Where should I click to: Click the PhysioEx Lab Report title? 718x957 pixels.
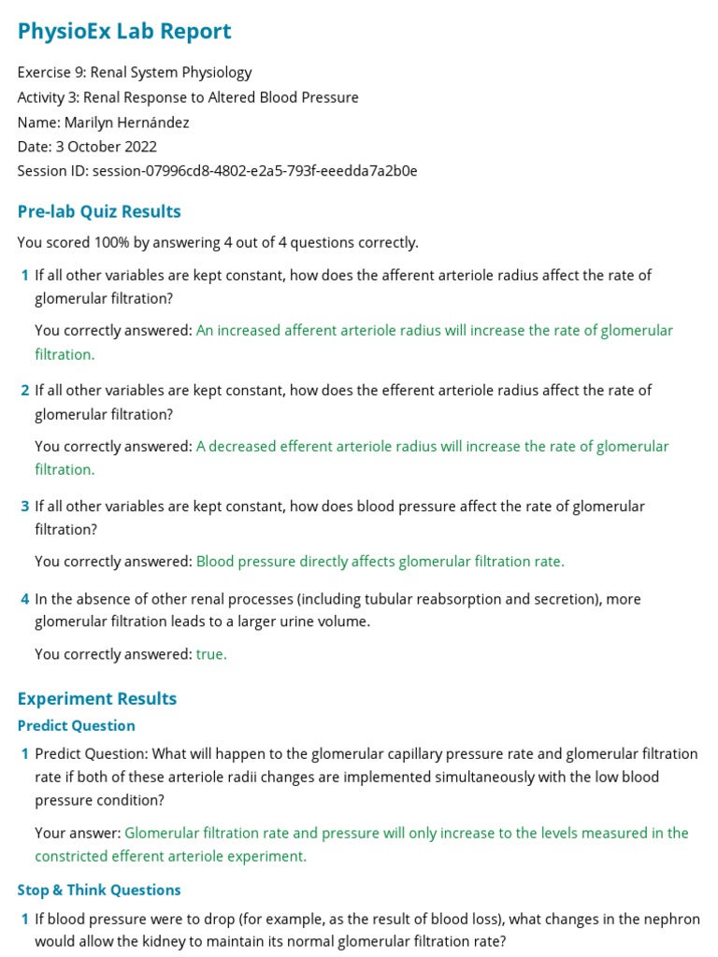coord(124,31)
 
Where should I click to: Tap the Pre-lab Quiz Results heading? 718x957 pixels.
coord(99,211)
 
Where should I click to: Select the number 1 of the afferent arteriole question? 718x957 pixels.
coord(24,276)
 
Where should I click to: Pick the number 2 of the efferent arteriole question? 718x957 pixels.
coord(24,391)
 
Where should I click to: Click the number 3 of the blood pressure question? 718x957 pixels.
coord(24,507)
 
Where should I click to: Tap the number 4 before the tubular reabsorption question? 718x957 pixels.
coord(24,599)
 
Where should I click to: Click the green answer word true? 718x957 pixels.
coord(211,654)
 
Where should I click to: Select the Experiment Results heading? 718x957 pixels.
coord(96,698)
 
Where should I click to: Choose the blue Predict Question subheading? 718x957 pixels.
coord(76,725)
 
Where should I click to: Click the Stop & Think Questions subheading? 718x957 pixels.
coord(99,890)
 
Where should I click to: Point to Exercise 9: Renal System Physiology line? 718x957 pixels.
coord(135,72)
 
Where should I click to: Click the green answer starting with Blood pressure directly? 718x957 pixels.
coord(380,562)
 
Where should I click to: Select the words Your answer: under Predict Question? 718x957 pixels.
coord(78,833)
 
